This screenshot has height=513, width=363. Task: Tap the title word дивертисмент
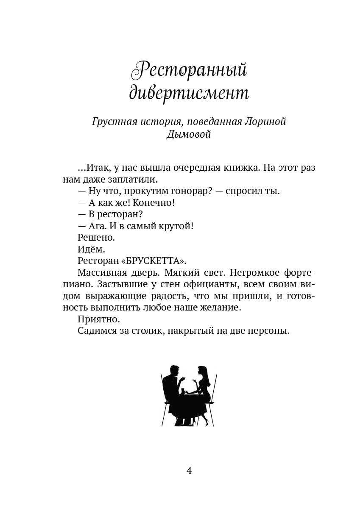pyautogui.click(x=189, y=93)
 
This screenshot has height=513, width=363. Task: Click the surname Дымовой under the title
pyautogui.click(x=189, y=135)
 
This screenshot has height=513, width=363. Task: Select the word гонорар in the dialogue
pyautogui.click(x=190, y=191)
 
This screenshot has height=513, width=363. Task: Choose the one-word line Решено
pyautogui.click(x=96, y=238)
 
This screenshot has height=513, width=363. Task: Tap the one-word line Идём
pyautogui.click(x=91, y=249)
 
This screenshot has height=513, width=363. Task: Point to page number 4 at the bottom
pyautogui.click(x=189, y=470)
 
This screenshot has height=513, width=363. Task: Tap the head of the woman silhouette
pyautogui.click(x=202, y=372)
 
